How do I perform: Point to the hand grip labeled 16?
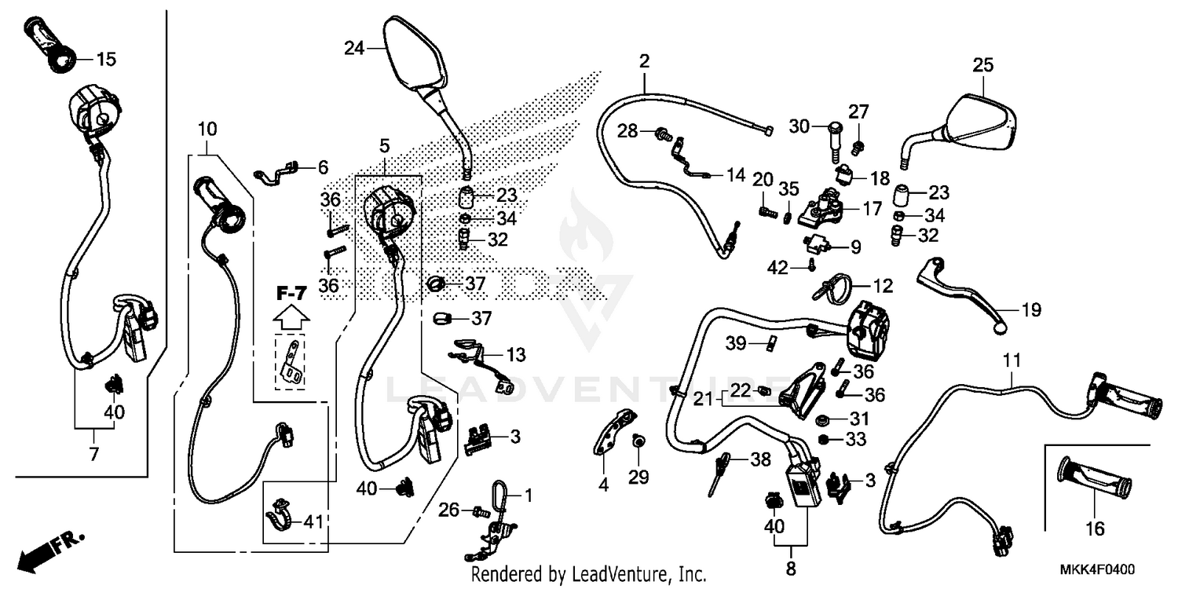(1095, 479)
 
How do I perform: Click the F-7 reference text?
(291, 294)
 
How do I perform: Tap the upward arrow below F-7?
(291, 317)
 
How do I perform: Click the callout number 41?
(313, 521)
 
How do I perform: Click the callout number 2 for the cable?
(645, 61)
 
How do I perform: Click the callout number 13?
(515, 356)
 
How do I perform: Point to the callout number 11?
(1012, 361)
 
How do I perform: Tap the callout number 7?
(93, 453)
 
